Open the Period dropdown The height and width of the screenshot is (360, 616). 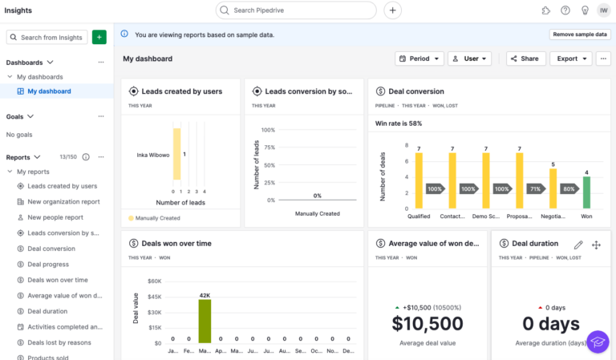(419, 59)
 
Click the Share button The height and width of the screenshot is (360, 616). (525, 59)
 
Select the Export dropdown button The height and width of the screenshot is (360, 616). (573, 59)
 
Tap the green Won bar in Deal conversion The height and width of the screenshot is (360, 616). (586, 192)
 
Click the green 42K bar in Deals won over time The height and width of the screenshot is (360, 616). (205, 321)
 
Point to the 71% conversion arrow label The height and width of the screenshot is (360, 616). (534, 189)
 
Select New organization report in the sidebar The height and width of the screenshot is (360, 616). (63, 201)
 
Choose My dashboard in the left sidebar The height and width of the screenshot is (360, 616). (49, 91)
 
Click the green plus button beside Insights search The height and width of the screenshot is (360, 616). (99, 37)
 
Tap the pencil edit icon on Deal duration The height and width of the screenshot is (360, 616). (578, 245)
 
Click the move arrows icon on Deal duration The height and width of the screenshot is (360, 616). (596, 245)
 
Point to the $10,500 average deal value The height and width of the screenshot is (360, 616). (427, 323)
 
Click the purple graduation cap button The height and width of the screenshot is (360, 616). (598, 342)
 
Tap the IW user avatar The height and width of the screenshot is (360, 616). (602, 10)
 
